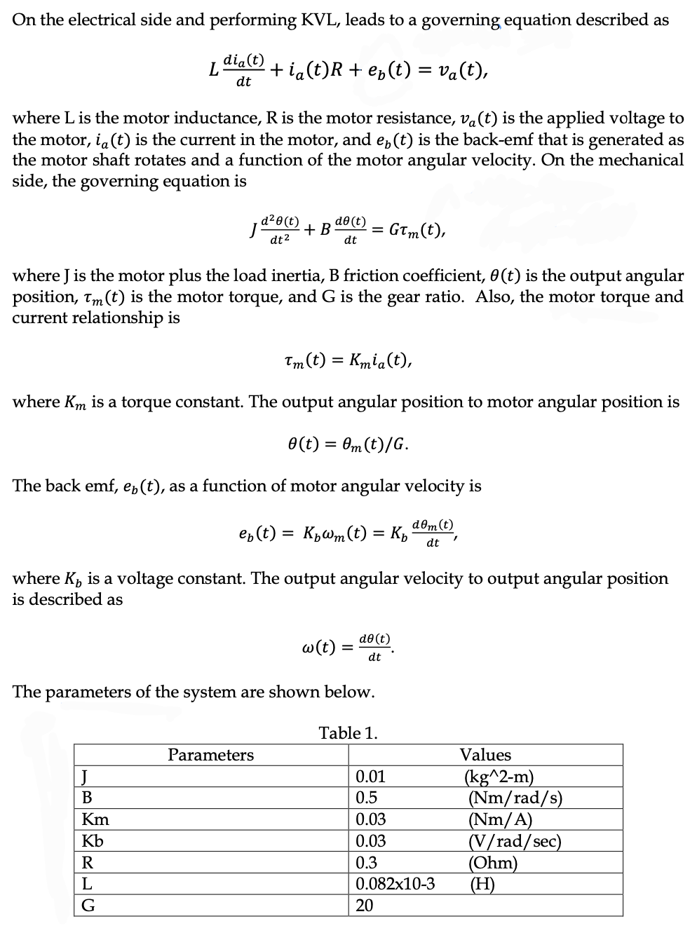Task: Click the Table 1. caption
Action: pyautogui.click(x=348, y=733)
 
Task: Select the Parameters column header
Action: pyautogui.click(x=210, y=755)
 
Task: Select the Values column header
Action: pyautogui.click(x=485, y=755)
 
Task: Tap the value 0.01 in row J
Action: pyautogui.click(x=370, y=777)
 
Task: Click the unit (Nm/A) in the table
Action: pyautogui.click(x=500, y=819)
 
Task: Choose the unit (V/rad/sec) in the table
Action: pyautogui.click(x=515, y=841)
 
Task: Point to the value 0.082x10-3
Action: pyautogui.click(x=395, y=884)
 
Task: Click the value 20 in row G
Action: pyautogui.click(x=365, y=906)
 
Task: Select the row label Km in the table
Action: pyautogui.click(x=95, y=819)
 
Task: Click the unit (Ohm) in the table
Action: pyautogui.click(x=493, y=863)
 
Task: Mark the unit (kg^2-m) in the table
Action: pyautogui.click(x=499, y=777)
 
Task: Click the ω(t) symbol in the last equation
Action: pyautogui.click(x=317, y=646)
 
